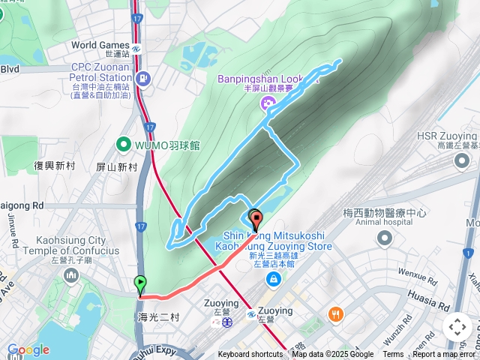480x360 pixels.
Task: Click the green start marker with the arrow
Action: pos(140,284)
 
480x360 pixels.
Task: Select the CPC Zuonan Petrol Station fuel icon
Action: pos(143,77)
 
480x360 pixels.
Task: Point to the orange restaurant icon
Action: pos(335,314)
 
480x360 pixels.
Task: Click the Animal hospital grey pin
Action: pos(385,238)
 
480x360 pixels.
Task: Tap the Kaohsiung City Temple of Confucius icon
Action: pos(71,276)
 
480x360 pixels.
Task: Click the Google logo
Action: pos(28,349)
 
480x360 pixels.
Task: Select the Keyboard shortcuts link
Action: pos(250,355)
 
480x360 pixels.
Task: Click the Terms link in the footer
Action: pos(393,355)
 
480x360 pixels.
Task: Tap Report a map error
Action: pos(445,355)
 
